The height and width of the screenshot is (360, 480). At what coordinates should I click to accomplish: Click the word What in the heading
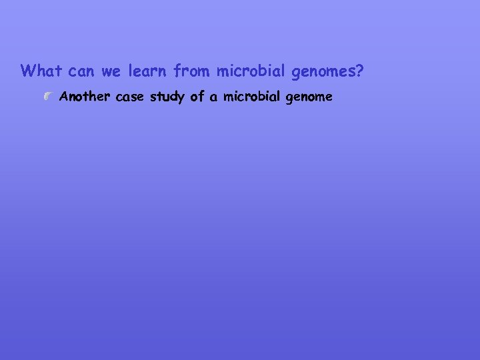41,70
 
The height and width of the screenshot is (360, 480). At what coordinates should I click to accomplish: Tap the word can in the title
82,71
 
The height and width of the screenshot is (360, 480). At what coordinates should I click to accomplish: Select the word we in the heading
111,71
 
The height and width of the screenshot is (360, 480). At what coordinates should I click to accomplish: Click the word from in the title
192,70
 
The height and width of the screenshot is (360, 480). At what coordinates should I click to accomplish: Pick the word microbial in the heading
251,70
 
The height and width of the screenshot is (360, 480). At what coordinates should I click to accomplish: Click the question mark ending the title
359,70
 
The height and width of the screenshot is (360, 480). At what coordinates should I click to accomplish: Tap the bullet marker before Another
46,97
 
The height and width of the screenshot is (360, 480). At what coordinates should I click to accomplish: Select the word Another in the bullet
85,97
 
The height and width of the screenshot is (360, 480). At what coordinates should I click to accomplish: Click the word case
130,97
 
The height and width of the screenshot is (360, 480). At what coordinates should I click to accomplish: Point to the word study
167,97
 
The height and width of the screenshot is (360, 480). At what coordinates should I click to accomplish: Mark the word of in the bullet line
197,97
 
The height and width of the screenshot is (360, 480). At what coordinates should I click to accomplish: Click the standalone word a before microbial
213,97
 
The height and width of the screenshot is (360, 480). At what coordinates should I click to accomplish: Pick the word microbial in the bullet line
251,97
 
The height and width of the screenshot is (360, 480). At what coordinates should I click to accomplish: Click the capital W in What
27,70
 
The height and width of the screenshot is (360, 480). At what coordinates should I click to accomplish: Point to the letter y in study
181,99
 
